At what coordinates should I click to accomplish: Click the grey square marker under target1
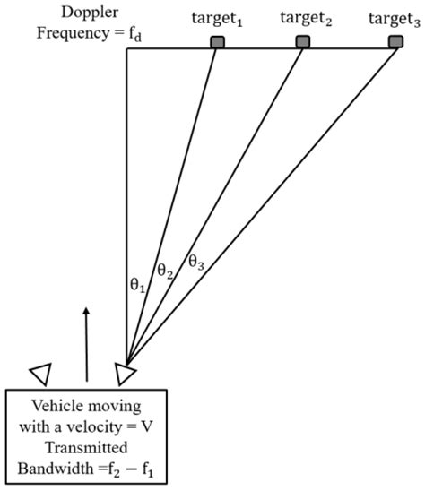(x=216, y=41)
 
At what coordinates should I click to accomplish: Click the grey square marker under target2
(x=303, y=41)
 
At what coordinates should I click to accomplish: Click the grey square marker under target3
(x=395, y=41)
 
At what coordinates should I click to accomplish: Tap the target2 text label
(x=307, y=17)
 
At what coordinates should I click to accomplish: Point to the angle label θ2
(x=163, y=270)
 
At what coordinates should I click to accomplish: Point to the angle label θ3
(x=195, y=262)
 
